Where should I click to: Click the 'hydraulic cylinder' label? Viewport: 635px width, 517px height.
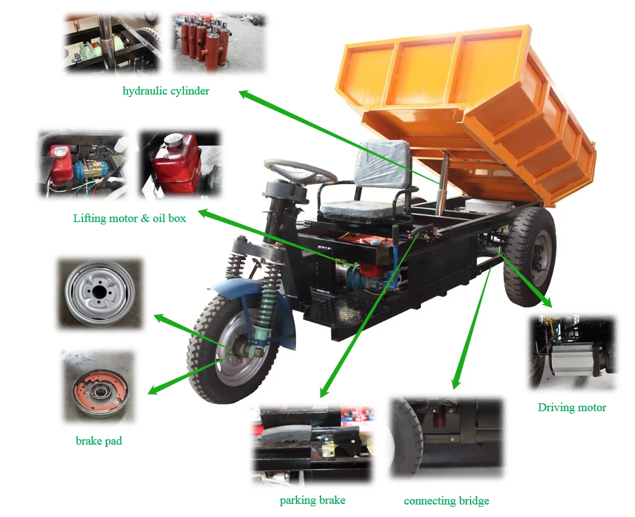[166, 91]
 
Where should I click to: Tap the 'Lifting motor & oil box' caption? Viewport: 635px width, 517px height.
[129, 218]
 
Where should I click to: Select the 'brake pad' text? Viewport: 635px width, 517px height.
[99, 441]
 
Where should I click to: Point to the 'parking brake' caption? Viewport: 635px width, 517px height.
[312, 500]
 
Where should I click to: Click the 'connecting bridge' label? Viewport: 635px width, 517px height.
[446, 501]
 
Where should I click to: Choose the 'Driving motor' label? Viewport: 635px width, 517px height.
[572, 407]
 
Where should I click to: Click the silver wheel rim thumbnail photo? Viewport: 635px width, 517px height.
[99, 293]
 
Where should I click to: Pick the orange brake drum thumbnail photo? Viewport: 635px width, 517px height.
[99, 386]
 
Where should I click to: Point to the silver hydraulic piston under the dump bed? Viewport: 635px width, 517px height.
[442, 185]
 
